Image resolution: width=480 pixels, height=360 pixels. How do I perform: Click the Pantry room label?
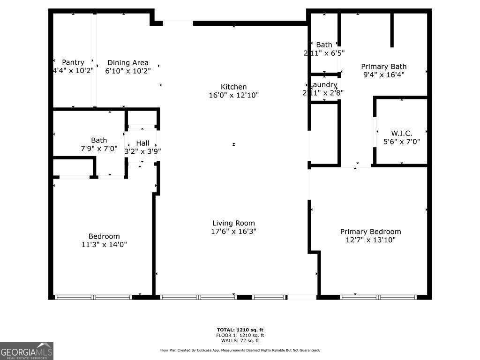tap(73, 62)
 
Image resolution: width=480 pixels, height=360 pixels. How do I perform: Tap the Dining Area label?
tap(128, 62)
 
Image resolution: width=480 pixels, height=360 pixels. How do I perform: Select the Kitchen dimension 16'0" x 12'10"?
tap(234, 95)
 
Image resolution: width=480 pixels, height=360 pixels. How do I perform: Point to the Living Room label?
tap(233, 223)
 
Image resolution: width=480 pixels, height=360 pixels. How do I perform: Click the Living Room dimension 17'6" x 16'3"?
tap(233, 231)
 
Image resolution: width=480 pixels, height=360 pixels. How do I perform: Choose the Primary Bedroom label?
tap(370, 232)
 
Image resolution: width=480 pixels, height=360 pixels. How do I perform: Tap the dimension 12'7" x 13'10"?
tap(370, 240)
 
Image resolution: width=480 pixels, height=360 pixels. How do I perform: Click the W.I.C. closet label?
tap(402, 133)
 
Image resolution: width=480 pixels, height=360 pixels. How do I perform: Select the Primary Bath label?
tap(383, 67)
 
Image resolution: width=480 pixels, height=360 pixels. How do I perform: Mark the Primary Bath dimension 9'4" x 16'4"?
tap(383, 75)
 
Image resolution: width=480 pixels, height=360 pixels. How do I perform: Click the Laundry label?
tap(324, 84)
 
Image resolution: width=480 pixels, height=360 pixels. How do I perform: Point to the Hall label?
tap(142, 143)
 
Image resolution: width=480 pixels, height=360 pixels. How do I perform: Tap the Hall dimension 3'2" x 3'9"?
tap(142, 151)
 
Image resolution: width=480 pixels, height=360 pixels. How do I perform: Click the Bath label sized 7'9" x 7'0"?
tap(99, 140)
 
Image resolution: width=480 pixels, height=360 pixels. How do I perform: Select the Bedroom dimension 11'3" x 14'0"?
tap(104, 244)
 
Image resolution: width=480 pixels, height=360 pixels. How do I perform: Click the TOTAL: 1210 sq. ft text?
tap(240, 330)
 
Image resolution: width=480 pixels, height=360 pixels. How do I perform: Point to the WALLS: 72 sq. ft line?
tap(240, 341)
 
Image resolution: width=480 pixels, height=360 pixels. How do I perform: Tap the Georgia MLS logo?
tap(27, 351)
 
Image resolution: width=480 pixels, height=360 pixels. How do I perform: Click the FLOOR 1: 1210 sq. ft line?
tap(240, 335)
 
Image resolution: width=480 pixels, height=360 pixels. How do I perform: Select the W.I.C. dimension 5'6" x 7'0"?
tap(402, 141)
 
